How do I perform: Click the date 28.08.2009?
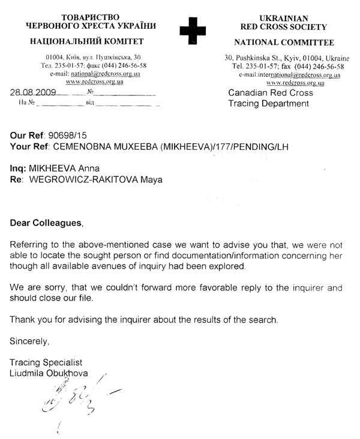point(34,93)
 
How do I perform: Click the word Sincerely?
point(27,341)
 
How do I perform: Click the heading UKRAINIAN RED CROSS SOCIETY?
point(284,23)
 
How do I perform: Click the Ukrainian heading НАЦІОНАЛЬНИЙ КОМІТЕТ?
point(91,43)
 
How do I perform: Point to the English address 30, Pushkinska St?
point(251,58)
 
